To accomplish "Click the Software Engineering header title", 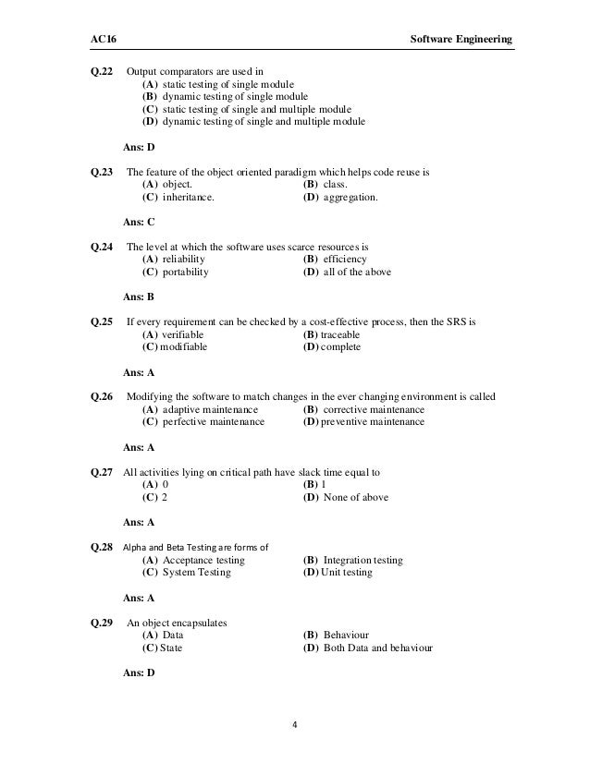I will tap(460, 40).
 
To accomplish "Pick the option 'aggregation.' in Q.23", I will tap(353, 197).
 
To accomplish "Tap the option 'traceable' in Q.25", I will tap(340, 334).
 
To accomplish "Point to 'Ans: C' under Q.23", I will tap(139, 222).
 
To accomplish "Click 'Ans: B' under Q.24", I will tap(139, 297).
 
